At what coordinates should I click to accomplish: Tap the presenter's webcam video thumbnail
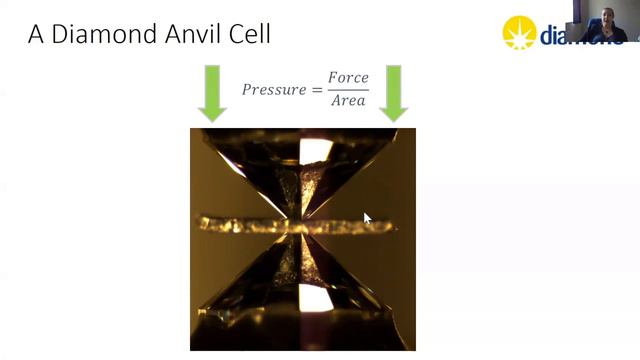609,22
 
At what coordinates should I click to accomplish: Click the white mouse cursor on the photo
367,218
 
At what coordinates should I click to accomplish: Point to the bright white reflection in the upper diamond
316,151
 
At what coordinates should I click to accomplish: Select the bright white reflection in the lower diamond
314,298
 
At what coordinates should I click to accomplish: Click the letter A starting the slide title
37,34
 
